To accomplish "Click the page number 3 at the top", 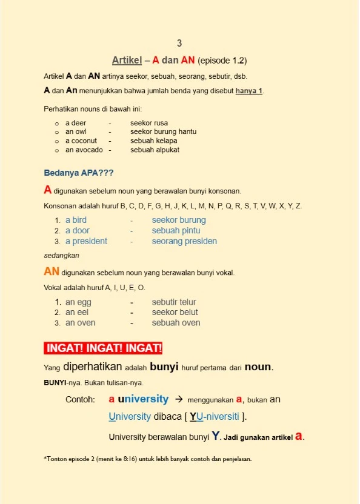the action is [x=179, y=43].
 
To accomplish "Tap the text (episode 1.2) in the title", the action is [x=222, y=61].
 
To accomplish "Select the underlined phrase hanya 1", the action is [x=249, y=91].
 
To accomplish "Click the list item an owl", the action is [x=76, y=131].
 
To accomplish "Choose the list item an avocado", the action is [x=84, y=150].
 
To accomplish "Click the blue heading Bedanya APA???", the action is [x=79, y=173].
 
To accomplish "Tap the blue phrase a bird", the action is [x=76, y=220].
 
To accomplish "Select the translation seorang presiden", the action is [x=184, y=241].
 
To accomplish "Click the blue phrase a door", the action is [x=77, y=231].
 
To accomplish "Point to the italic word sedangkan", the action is [x=62, y=256].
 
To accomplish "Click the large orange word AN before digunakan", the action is [x=52, y=272].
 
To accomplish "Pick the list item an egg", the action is [x=78, y=302].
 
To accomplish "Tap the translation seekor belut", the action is [x=175, y=312].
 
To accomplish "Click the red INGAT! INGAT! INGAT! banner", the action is [x=103, y=348].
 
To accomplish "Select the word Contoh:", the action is [x=80, y=400].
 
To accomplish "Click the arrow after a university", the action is [x=178, y=400].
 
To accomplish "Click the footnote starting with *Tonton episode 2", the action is [x=147, y=459].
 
